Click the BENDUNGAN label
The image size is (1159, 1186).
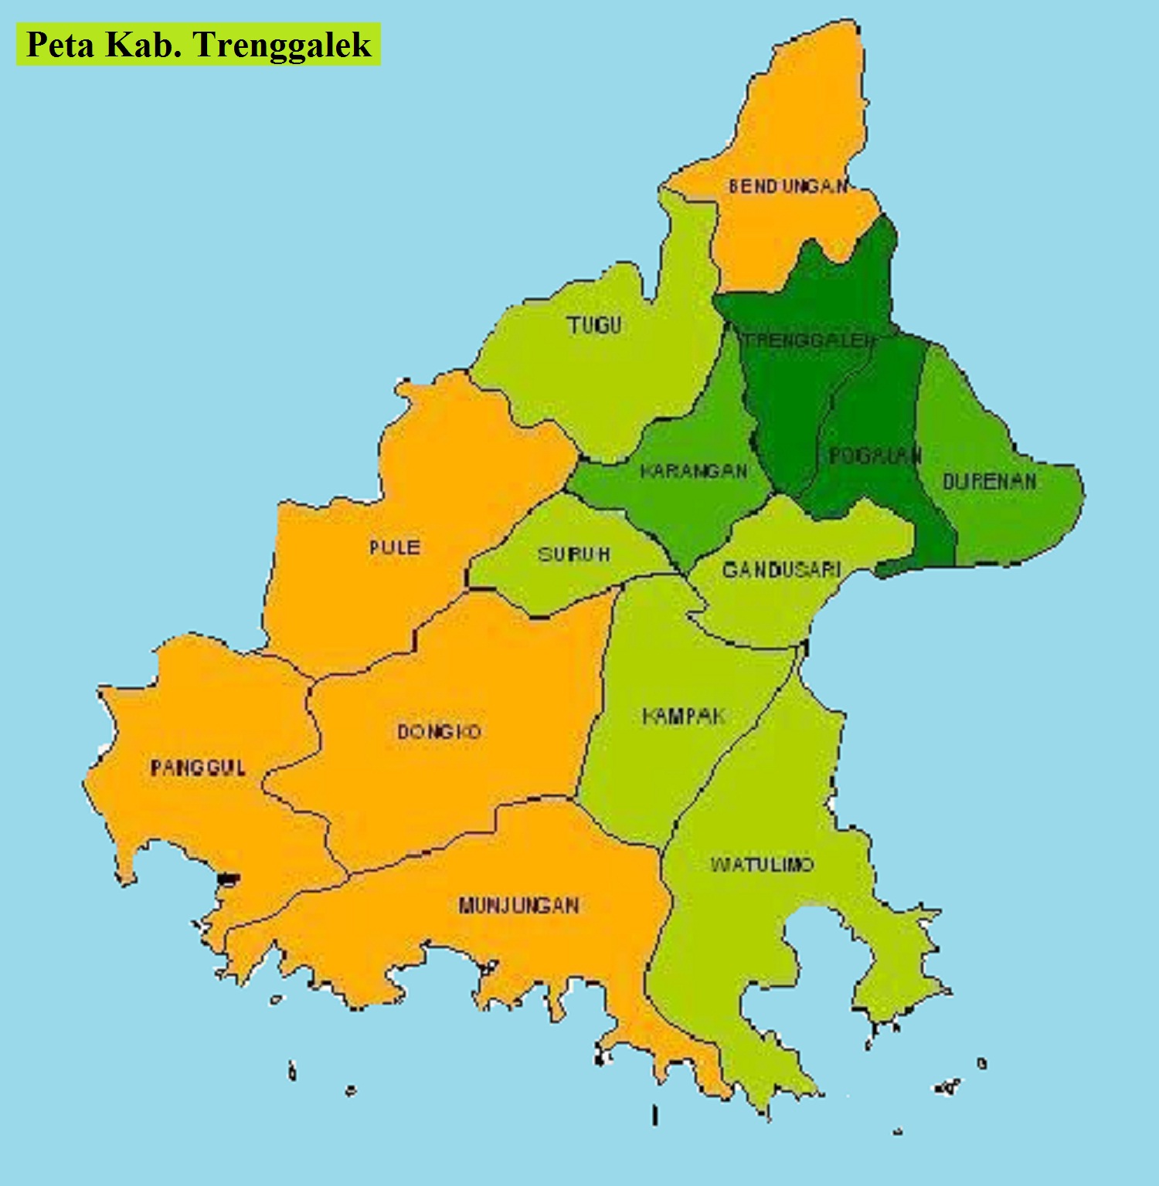[x=787, y=186]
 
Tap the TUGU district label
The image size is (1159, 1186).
[x=594, y=325]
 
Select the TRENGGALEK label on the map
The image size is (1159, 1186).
[x=807, y=340]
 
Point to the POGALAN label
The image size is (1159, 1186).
[x=875, y=456]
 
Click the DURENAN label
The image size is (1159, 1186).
[x=989, y=482]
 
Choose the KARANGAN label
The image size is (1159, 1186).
[x=694, y=471]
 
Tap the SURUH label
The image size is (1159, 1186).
[x=573, y=554]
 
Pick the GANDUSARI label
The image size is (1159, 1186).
[x=781, y=570]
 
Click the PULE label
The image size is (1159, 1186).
[x=394, y=547]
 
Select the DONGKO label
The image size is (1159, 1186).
[x=439, y=731]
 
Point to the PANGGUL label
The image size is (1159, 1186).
[x=198, y=768]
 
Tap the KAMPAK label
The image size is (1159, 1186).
[x=683, y=717]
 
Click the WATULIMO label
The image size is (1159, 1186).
[x=762, y=864]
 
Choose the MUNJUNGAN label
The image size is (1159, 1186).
[x=518, y=905]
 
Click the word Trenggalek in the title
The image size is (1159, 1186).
[x=283, y=45]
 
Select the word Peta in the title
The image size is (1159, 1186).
[x=60, y=45]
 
